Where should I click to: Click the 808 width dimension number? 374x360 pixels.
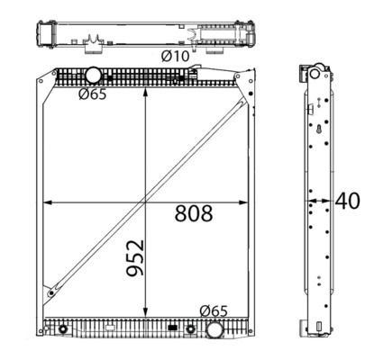(x=194, y=213)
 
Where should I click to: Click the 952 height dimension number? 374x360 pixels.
(x=135, y=257)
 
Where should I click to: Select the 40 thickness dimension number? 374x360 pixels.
(x=347, y=201)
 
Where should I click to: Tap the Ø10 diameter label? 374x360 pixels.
(x=176, y=56)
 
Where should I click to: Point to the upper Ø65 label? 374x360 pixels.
(x=93, y=94)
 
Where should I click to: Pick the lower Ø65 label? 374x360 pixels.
(x=214, y=311)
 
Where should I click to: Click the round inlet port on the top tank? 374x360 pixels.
(x=93, y=75)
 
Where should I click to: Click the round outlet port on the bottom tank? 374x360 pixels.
(x=214, y=329)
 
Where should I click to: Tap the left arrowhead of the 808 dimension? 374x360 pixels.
(x=48, y=202)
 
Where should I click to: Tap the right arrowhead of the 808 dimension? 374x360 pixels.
(x=243, y=202)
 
